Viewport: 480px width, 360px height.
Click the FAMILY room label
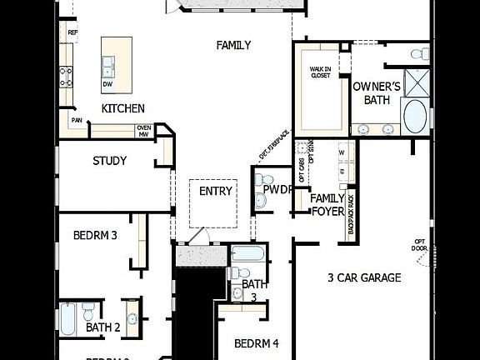click(233, 45)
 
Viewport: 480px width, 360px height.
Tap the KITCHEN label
click(123, 108)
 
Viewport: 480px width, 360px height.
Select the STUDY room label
click(109, 161)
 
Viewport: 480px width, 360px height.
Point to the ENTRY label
click(216, 191)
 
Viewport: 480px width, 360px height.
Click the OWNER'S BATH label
click(377, 92)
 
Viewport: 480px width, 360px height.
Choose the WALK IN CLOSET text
click(321, 72)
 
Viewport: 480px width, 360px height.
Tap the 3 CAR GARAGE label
click(364, 277)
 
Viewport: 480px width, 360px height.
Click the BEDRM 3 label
click(95, 235)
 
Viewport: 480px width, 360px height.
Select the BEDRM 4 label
click(256, 342)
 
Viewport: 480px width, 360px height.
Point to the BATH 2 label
click(103, 327)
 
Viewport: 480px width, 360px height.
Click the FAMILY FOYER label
click(327, 204)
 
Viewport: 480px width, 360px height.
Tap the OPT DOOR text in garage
click(420, 245)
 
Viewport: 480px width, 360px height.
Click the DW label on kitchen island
click(107, 83)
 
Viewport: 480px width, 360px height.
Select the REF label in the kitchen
click(72, 32)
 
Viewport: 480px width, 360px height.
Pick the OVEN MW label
click(143, 130)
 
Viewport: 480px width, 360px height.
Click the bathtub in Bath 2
click(67, 319)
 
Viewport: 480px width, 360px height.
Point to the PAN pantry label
click(76, 121)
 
